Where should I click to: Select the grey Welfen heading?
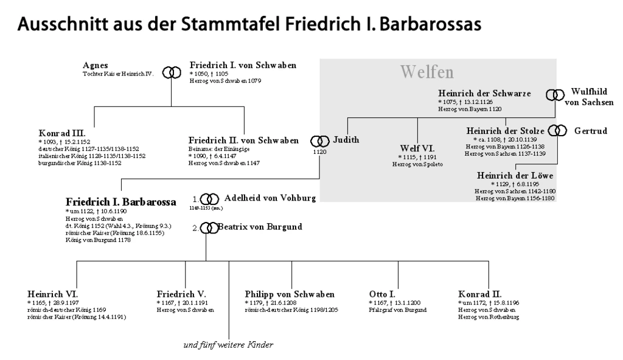tap(427, 72)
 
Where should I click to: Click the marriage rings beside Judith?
tap(320, 141)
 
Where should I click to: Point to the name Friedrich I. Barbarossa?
tap(120, 201)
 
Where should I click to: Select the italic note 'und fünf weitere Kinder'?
tap(228, 345)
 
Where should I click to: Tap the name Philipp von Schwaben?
tap(290, 294)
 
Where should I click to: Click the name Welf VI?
tap(417, 148)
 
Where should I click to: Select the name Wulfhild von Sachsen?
tap(589, 97)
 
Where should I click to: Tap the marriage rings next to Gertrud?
tap(557, 130)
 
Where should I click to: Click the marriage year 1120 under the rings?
tap(319, 152)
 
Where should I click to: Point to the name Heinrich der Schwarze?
tap(484, 93)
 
